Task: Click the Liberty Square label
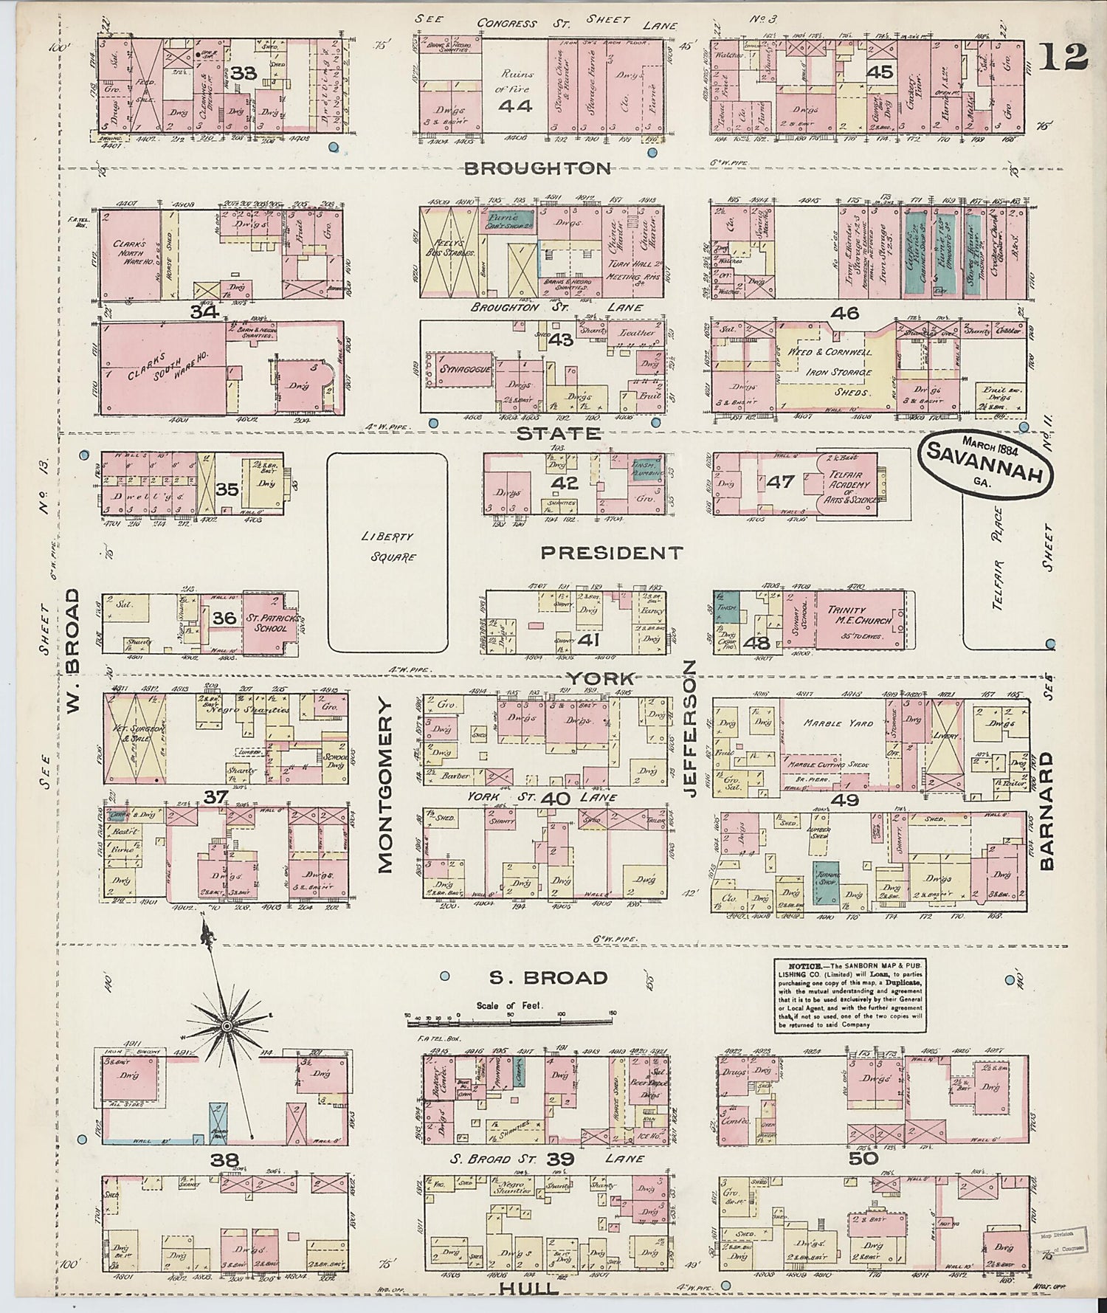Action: pyautogui.click(x=387, y=547)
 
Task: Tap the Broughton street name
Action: pyautogui.click(x=538, y=168)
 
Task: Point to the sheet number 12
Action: pyautogui.click(x=1063, y=57)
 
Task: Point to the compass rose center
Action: pyautogui.click(x=227, y=1027)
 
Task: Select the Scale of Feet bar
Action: pyautogui.click(x=509, y=1021)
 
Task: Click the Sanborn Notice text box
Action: pyautogui.click(x=849, y=995)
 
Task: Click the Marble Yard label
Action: pyautogui.click(x=838, y=723)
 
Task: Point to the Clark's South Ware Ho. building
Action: pyautogui.click(x=164, y=365)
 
